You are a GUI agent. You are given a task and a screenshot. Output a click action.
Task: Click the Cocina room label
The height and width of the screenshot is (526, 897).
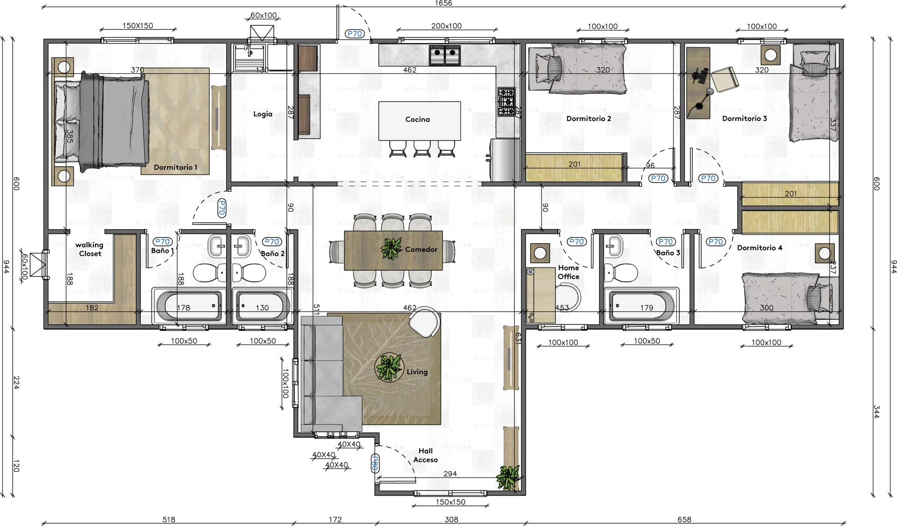point(417,119)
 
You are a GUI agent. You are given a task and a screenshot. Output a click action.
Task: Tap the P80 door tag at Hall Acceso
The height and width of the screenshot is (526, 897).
point(375,463)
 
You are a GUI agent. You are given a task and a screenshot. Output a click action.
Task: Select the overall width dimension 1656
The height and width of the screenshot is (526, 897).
point(443,3)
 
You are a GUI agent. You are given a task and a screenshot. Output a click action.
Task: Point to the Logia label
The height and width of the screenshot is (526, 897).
point(263,114)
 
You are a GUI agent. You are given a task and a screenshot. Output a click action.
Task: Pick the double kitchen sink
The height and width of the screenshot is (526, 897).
point(445,55)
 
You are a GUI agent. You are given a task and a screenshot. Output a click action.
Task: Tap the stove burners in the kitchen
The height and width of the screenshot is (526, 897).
point(506,101)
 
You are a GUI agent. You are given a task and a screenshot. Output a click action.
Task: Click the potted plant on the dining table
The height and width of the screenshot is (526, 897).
point(391,249)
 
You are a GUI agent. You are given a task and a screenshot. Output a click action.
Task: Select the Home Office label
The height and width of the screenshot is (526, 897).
point(569,272)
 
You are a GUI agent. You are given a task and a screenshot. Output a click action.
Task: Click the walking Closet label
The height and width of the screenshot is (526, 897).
point(89,249)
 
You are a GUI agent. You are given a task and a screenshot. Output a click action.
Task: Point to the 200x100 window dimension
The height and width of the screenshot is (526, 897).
point(446,26)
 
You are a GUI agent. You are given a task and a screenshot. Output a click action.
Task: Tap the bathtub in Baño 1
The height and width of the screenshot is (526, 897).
point(189,306)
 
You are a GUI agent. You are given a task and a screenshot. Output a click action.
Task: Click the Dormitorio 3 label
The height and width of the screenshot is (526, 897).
point(744,119)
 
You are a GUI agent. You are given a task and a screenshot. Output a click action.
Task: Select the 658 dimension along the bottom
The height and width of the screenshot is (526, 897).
point(684,519)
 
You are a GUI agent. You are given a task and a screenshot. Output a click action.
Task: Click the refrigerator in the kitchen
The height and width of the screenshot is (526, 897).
point(505,159)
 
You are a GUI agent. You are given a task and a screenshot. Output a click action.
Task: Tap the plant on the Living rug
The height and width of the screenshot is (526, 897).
point(389,367)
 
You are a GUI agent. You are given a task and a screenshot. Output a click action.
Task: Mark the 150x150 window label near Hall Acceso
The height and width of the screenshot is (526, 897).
point(450,502)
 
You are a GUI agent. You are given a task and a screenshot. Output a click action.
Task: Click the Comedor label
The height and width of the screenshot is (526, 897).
point(421,250)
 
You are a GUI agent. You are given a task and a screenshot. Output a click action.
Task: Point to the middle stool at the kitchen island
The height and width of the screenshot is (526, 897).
point(422,149)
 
